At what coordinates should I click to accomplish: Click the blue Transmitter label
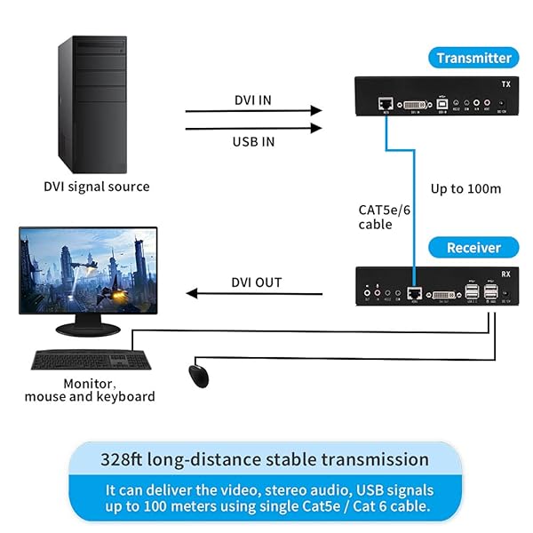[473, 58]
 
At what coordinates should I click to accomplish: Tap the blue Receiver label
[473, 248]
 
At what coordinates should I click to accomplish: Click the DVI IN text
[253, 99]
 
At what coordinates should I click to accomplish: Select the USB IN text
[253, 141]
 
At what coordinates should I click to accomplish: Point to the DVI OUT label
[256, 282]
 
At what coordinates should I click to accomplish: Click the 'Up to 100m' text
[465, 189]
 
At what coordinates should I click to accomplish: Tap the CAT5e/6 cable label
[383, 217]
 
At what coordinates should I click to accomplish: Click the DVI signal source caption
[97, 187]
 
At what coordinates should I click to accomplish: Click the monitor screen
[88, 266]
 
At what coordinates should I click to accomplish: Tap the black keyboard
[91, 360]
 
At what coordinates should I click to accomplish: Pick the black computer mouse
[198, 375]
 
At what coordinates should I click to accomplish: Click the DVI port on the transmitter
[413, 105]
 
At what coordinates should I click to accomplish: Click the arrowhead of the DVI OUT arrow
[190, 294]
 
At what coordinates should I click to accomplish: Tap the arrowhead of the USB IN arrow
[316, 129]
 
